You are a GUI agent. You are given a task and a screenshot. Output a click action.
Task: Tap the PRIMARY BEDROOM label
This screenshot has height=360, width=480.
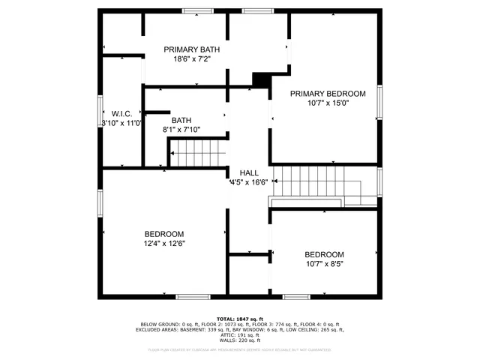click(x=328, y=94)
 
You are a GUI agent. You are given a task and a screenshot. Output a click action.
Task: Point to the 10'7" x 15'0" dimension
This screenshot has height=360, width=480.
click(x=328, y=103)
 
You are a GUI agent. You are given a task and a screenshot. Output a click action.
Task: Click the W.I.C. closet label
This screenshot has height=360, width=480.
click(x=122, y=114)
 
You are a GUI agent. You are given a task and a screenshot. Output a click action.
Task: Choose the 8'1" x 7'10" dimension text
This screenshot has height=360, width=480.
click(x=181, y=130)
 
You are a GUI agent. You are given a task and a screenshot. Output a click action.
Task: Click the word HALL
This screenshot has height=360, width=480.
click(x=249, y=172)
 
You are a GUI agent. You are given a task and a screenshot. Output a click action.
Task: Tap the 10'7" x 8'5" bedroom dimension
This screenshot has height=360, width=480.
click(x=324, y=263)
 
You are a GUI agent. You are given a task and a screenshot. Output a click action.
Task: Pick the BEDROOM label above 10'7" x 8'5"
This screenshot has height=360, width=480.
click(x=324, y=254)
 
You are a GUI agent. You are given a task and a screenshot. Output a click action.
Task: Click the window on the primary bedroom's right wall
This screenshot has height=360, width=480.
click(x=379, y=105)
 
